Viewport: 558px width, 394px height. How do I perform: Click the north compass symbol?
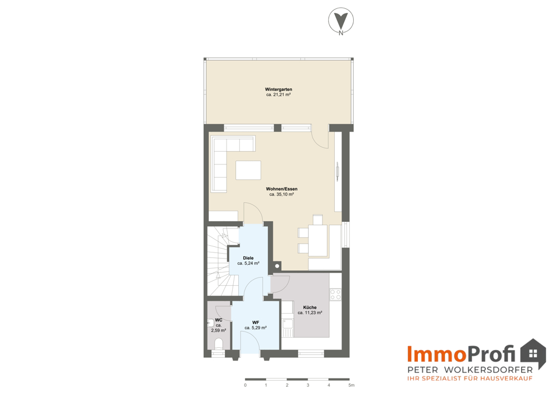click(341, 21)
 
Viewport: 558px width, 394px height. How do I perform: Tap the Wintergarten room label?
click(278, 90)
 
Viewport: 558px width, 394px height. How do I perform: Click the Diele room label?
click(248, 258)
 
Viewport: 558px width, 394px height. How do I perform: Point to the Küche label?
click(310, 307)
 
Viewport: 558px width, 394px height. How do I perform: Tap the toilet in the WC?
click(219, 343)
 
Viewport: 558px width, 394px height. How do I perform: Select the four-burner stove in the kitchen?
click(335, 294)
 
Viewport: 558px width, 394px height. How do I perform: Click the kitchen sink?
click(287, 328)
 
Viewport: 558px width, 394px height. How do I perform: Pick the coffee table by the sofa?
click(248, 170)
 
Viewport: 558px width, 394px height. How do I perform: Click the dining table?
click(318, 240)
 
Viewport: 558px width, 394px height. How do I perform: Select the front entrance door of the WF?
click(250, 344)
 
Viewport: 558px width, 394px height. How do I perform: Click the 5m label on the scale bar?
click(351, 385)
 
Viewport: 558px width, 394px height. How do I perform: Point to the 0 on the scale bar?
click(245, 385)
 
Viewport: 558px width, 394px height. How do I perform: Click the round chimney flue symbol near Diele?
click(277, 266)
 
